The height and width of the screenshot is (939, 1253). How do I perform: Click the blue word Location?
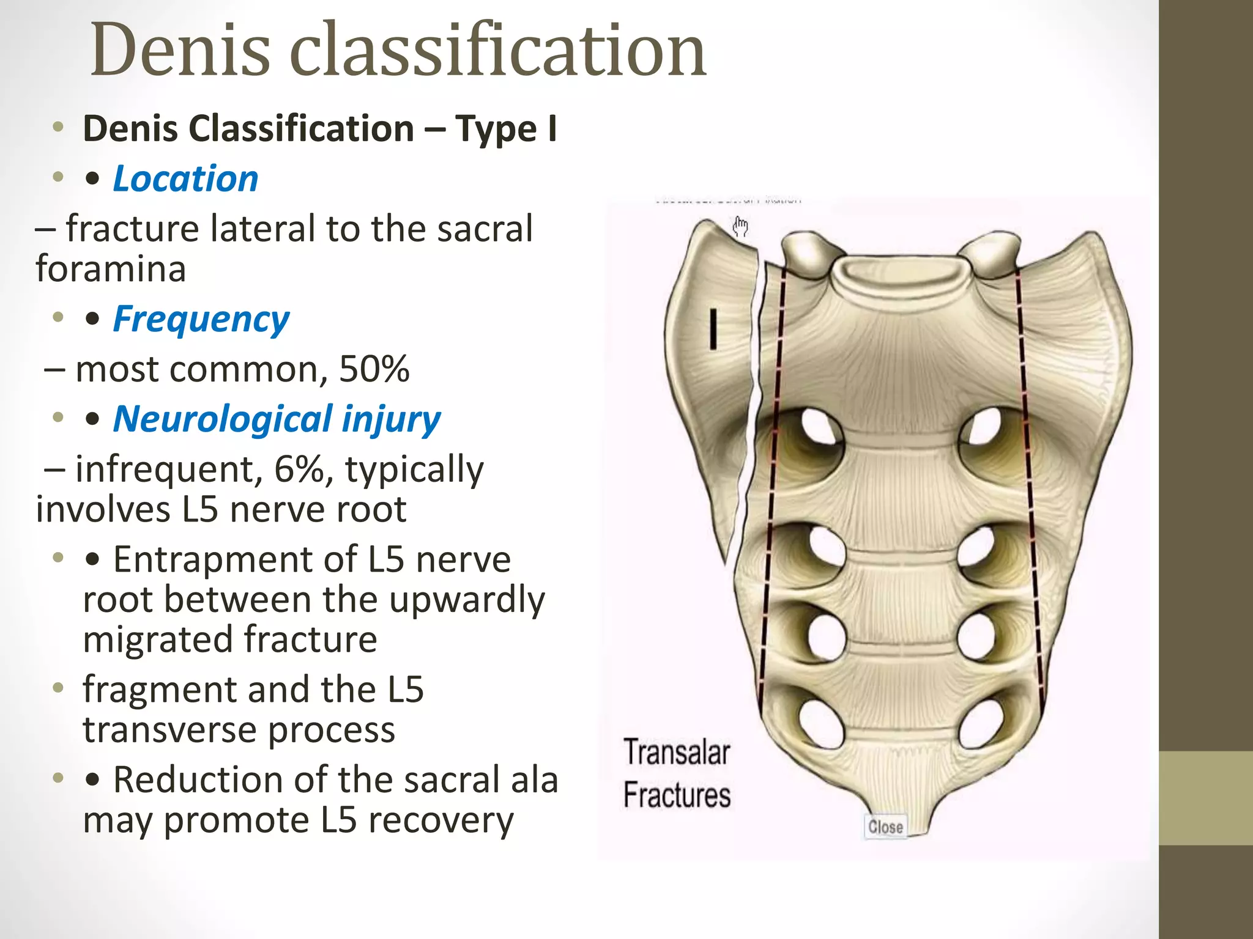185,179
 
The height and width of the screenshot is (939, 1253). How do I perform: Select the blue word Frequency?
201,319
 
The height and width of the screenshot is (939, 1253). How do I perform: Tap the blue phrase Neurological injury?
277,419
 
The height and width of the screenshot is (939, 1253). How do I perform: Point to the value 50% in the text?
374,369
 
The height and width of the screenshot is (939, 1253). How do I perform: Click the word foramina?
111,269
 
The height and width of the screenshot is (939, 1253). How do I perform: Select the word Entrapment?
235,559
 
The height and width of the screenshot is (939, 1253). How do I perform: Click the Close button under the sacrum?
885,827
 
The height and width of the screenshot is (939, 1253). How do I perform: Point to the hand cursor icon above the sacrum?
740,227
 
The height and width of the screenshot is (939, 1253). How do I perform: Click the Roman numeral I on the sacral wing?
713,330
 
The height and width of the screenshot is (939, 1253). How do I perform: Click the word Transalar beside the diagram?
677,753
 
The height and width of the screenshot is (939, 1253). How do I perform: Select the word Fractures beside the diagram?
677,795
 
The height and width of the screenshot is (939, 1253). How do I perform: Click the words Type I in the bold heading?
505,129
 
